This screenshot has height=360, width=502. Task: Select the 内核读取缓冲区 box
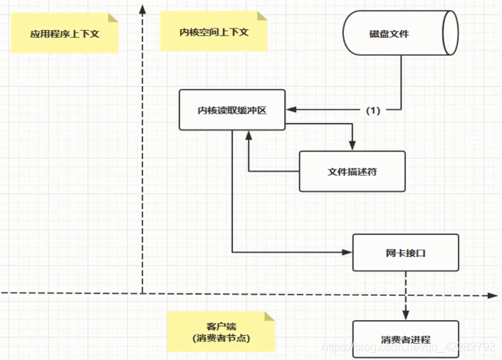(x=232, y=110)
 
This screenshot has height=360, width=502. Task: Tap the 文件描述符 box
(x=352, y=171)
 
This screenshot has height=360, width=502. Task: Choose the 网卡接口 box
(x=406, y=252)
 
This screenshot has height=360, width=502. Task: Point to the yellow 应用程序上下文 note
(x=64, y=33)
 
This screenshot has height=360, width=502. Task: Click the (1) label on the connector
(x=373, y=110)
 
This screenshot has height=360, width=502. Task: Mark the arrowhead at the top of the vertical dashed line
(x=143, y=9)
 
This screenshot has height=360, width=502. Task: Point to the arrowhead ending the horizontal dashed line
(x=493, y=293)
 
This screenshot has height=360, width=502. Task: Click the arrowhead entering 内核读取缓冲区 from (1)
(x=291, y=110)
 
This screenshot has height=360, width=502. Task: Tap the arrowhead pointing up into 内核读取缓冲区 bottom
(x=248, y=135)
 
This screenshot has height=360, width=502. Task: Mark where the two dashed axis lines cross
(x=143, y=293)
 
